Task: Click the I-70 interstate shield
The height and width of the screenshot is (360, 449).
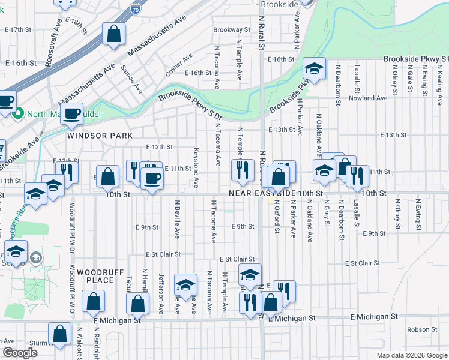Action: click(136, 10)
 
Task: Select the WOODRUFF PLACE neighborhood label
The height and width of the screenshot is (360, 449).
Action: click(95, 276)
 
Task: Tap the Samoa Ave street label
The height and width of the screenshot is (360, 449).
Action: click(131, 79)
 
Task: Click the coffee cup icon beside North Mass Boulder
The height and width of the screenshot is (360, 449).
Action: click(72, 113)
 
